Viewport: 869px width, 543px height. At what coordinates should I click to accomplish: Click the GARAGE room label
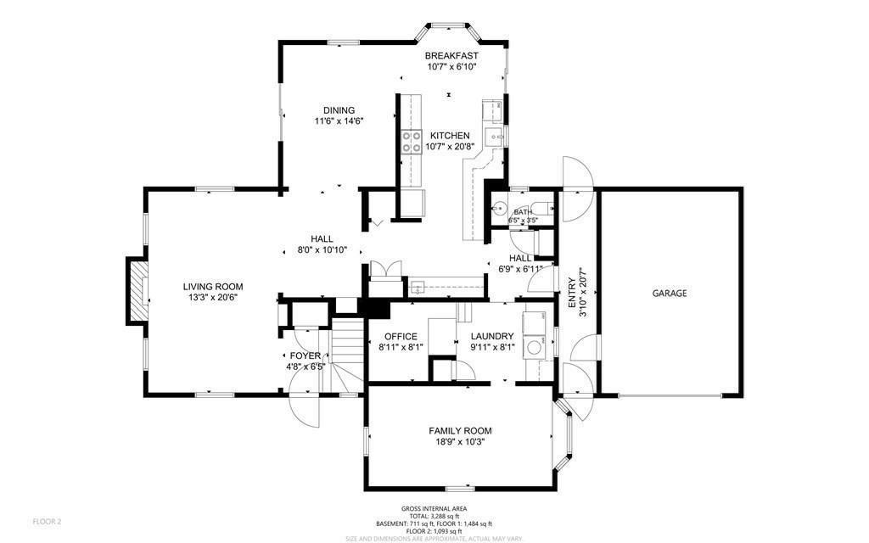pos(670,294)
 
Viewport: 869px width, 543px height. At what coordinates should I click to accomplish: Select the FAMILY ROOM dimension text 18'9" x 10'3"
pos(460,442)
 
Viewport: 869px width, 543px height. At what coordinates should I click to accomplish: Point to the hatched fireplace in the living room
pos(137,290)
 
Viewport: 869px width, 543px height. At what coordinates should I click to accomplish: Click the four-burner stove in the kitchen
pos(412,142)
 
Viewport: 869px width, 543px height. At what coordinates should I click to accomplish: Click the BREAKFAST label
pos(451,56)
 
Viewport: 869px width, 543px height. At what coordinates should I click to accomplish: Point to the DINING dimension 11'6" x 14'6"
pos(339,121)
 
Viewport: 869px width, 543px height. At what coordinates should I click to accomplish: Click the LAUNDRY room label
pos(493,336)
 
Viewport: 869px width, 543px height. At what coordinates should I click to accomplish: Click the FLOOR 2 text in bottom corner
pos(48,521)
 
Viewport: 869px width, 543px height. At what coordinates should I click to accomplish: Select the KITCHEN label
pos(450,136)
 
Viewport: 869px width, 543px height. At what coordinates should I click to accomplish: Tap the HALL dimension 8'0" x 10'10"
pos(322,250)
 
